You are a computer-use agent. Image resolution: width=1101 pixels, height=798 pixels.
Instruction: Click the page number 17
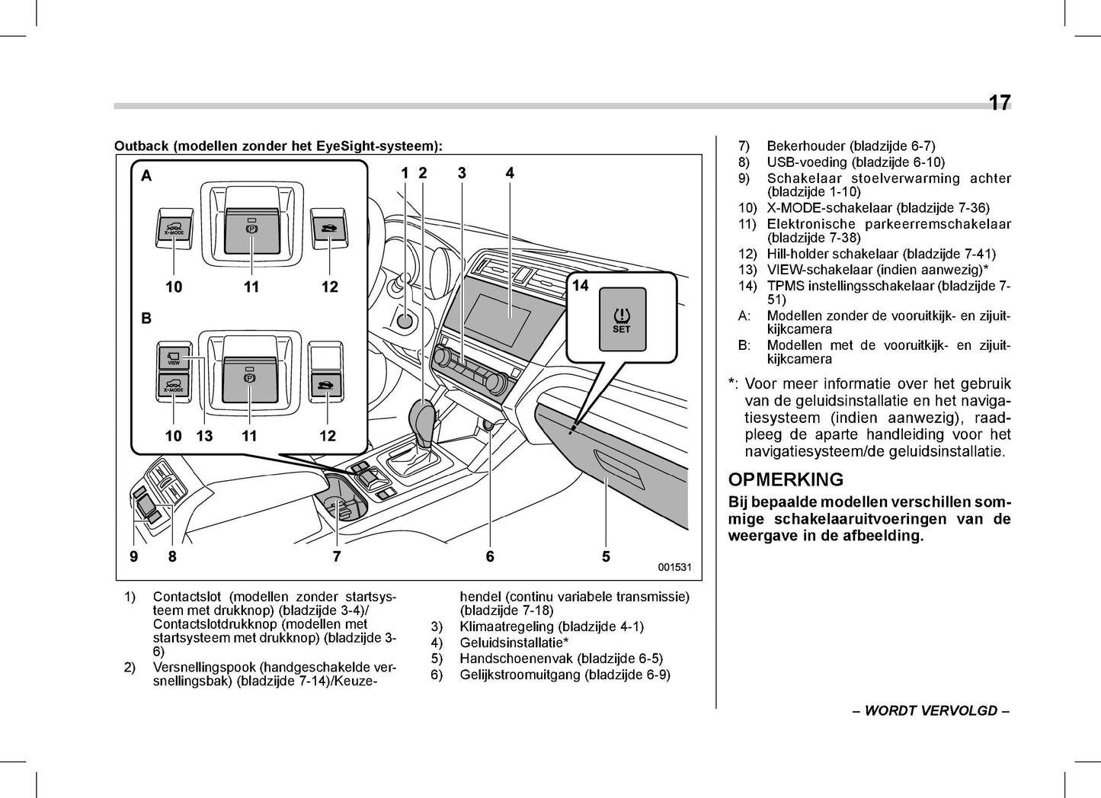(999, 103)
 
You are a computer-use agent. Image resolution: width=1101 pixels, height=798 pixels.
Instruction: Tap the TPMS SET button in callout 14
(622, 319)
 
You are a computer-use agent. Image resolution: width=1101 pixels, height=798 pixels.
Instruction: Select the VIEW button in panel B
(174, 357)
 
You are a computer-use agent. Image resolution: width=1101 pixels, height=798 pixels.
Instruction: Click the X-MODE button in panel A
(174, 227)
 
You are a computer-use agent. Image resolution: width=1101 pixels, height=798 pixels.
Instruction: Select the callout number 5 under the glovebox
(606, 557)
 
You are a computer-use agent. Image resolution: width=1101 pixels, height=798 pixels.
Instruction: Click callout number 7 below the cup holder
(337, 557)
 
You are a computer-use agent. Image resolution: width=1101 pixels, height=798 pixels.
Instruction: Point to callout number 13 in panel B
(204, 436)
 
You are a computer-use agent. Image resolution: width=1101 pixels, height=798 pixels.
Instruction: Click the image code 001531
(674, 567)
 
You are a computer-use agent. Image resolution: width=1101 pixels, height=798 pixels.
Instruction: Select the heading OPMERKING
(786, 479)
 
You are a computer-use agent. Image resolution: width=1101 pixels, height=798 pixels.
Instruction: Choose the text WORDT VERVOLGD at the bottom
(930, 711)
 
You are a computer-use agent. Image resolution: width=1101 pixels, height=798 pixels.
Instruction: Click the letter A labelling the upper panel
(146, 176)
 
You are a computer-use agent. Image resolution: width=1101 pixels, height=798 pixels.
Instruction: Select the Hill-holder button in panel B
(327, 385)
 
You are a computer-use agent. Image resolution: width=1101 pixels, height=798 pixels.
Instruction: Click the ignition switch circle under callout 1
(405, 321)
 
